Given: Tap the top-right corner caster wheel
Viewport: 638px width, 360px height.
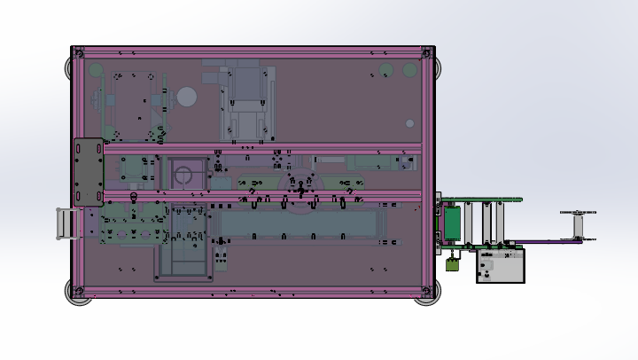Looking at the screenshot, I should (432, 66).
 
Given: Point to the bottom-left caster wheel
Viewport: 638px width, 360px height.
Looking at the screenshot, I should (78, 293).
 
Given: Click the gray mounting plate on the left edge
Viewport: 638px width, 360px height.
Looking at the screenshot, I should (88, 172).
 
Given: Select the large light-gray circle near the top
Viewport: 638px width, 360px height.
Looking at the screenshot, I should (186, 97).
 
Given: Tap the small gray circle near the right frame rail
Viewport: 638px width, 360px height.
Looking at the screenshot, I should (409, 123).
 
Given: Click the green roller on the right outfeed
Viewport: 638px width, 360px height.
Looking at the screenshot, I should (452, 223).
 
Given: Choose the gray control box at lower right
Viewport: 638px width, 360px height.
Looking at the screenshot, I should (500, 265).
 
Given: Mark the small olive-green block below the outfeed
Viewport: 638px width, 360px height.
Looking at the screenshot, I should (452, 262).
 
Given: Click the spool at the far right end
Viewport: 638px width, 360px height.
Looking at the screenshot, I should (578, 225).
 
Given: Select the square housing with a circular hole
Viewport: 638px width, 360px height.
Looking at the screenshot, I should (184, 174).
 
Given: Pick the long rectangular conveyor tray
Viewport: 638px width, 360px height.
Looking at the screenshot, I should (301, 224).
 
